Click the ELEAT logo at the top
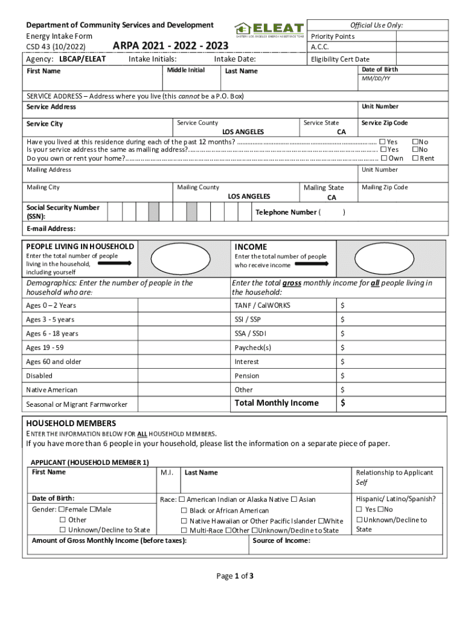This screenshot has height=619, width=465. (269, 29)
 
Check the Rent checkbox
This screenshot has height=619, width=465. (415, 158)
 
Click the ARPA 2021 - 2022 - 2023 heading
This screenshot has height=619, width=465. (170, 47)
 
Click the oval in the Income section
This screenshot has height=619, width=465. (380, 259)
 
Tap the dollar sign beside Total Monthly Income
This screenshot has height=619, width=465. (342, 403)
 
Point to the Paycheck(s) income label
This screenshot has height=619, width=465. (252, 348)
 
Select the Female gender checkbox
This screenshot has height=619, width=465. (61, 510)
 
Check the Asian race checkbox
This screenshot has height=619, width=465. (294, 499)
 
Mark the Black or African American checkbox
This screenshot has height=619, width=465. (184, 511)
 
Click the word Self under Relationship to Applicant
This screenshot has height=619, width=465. (362, 482)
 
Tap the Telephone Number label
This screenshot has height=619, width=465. (286, 212)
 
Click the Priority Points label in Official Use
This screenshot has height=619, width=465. (332, 36)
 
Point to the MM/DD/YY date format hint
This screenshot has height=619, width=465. (376, 79)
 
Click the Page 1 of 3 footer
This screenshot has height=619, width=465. (235, 575)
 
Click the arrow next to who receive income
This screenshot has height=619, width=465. (312, 264)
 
